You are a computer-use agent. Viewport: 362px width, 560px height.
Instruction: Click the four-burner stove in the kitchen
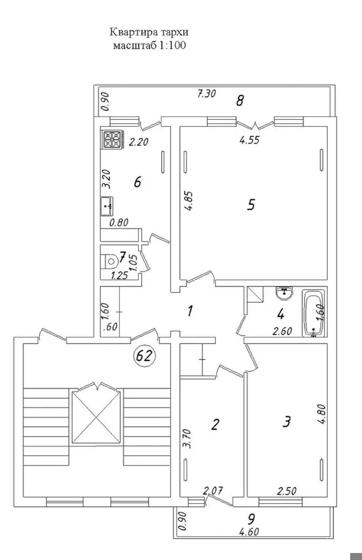pos(112,140)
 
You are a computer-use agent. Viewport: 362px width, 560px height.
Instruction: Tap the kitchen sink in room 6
pos(107,206)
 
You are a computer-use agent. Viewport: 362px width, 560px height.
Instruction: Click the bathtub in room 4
pos(313,313)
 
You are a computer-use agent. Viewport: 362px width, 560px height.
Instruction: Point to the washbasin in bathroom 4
pos(285,293)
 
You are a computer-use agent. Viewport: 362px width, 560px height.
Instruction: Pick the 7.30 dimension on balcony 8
pos(207,94)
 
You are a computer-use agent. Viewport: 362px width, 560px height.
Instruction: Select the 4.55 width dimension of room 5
pos(250,140)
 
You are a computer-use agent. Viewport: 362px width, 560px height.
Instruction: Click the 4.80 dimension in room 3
pos(322,414)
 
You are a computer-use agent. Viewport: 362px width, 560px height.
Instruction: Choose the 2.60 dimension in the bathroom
pos(283,331)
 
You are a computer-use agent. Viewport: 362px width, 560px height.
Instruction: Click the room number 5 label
pos(251,204)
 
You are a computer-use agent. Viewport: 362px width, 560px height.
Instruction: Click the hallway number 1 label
pos(190,311)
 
